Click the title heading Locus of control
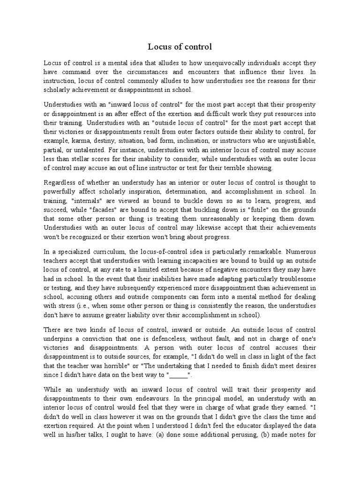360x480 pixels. (x=180, y=46)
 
